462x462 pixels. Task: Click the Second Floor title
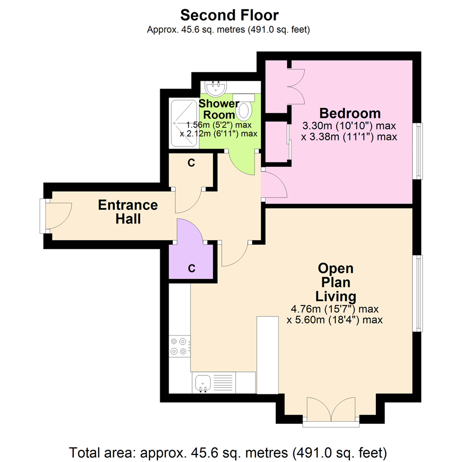[x=229, y=15]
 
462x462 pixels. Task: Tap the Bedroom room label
[x=350, y=113]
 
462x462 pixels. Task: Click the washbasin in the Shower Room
[x=216, y=89]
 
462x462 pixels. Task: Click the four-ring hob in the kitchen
[x=179, y=346]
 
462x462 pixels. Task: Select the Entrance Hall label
[x=128, y=212]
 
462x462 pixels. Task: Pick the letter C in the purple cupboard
[x=192, y=268]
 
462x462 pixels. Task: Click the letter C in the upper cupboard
[x=192, y=163]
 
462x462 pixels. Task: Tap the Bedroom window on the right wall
[x=418, y=151]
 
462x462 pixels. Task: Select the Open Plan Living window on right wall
[x=418, y=293]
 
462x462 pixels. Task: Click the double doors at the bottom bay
[x=331, y=412]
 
